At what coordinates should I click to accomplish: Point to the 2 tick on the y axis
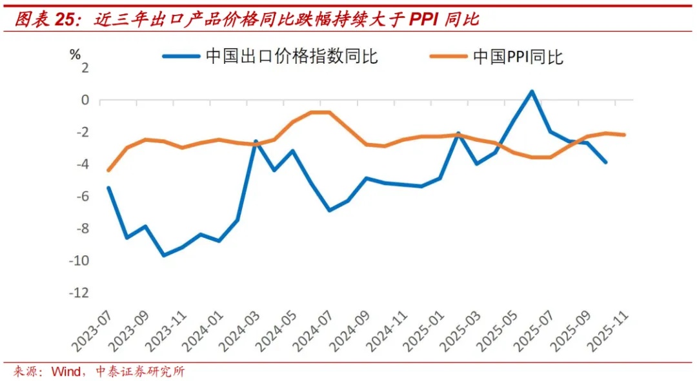(84, 68)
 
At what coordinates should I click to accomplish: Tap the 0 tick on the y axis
(84, 100)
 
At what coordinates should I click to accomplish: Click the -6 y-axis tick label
(81, 197)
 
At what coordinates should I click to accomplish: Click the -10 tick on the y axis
(77, 260)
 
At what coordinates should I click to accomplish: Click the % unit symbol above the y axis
(75, 54)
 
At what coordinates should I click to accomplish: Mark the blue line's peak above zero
(531, 91)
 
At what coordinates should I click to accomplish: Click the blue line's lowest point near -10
(164, 255)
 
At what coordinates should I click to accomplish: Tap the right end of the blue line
(605, 162)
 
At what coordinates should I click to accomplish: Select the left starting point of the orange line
(108, 170)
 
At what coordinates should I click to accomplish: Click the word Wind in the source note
(66, 371)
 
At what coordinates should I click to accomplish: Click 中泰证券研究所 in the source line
(140, 371)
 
